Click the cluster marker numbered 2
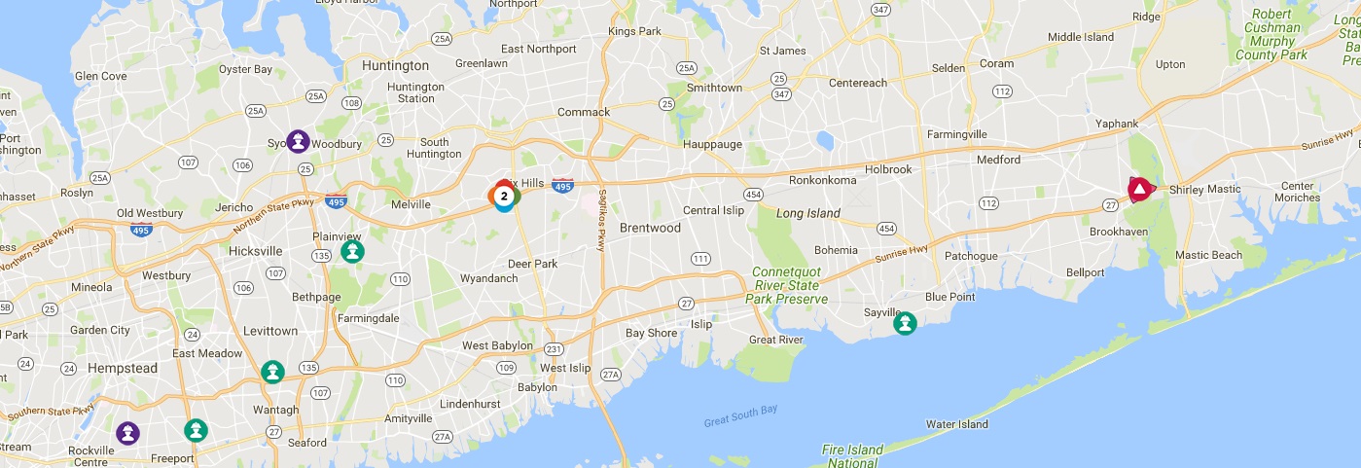tap(503, 197)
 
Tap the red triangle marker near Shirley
tap(1138, 189)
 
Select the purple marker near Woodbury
tap(298, 142)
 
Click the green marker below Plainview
tap(352, 252)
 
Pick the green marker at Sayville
tap(905, 323)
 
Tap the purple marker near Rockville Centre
tap(127, 433)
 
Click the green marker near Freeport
tap(196, 430)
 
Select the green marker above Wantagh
tap(272, 372)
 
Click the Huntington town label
tap(394, 65)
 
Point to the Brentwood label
tap(650, 228)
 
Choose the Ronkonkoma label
tap(822, 180)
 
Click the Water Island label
tap(956, 423)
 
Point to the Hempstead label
tap(122, 368)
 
